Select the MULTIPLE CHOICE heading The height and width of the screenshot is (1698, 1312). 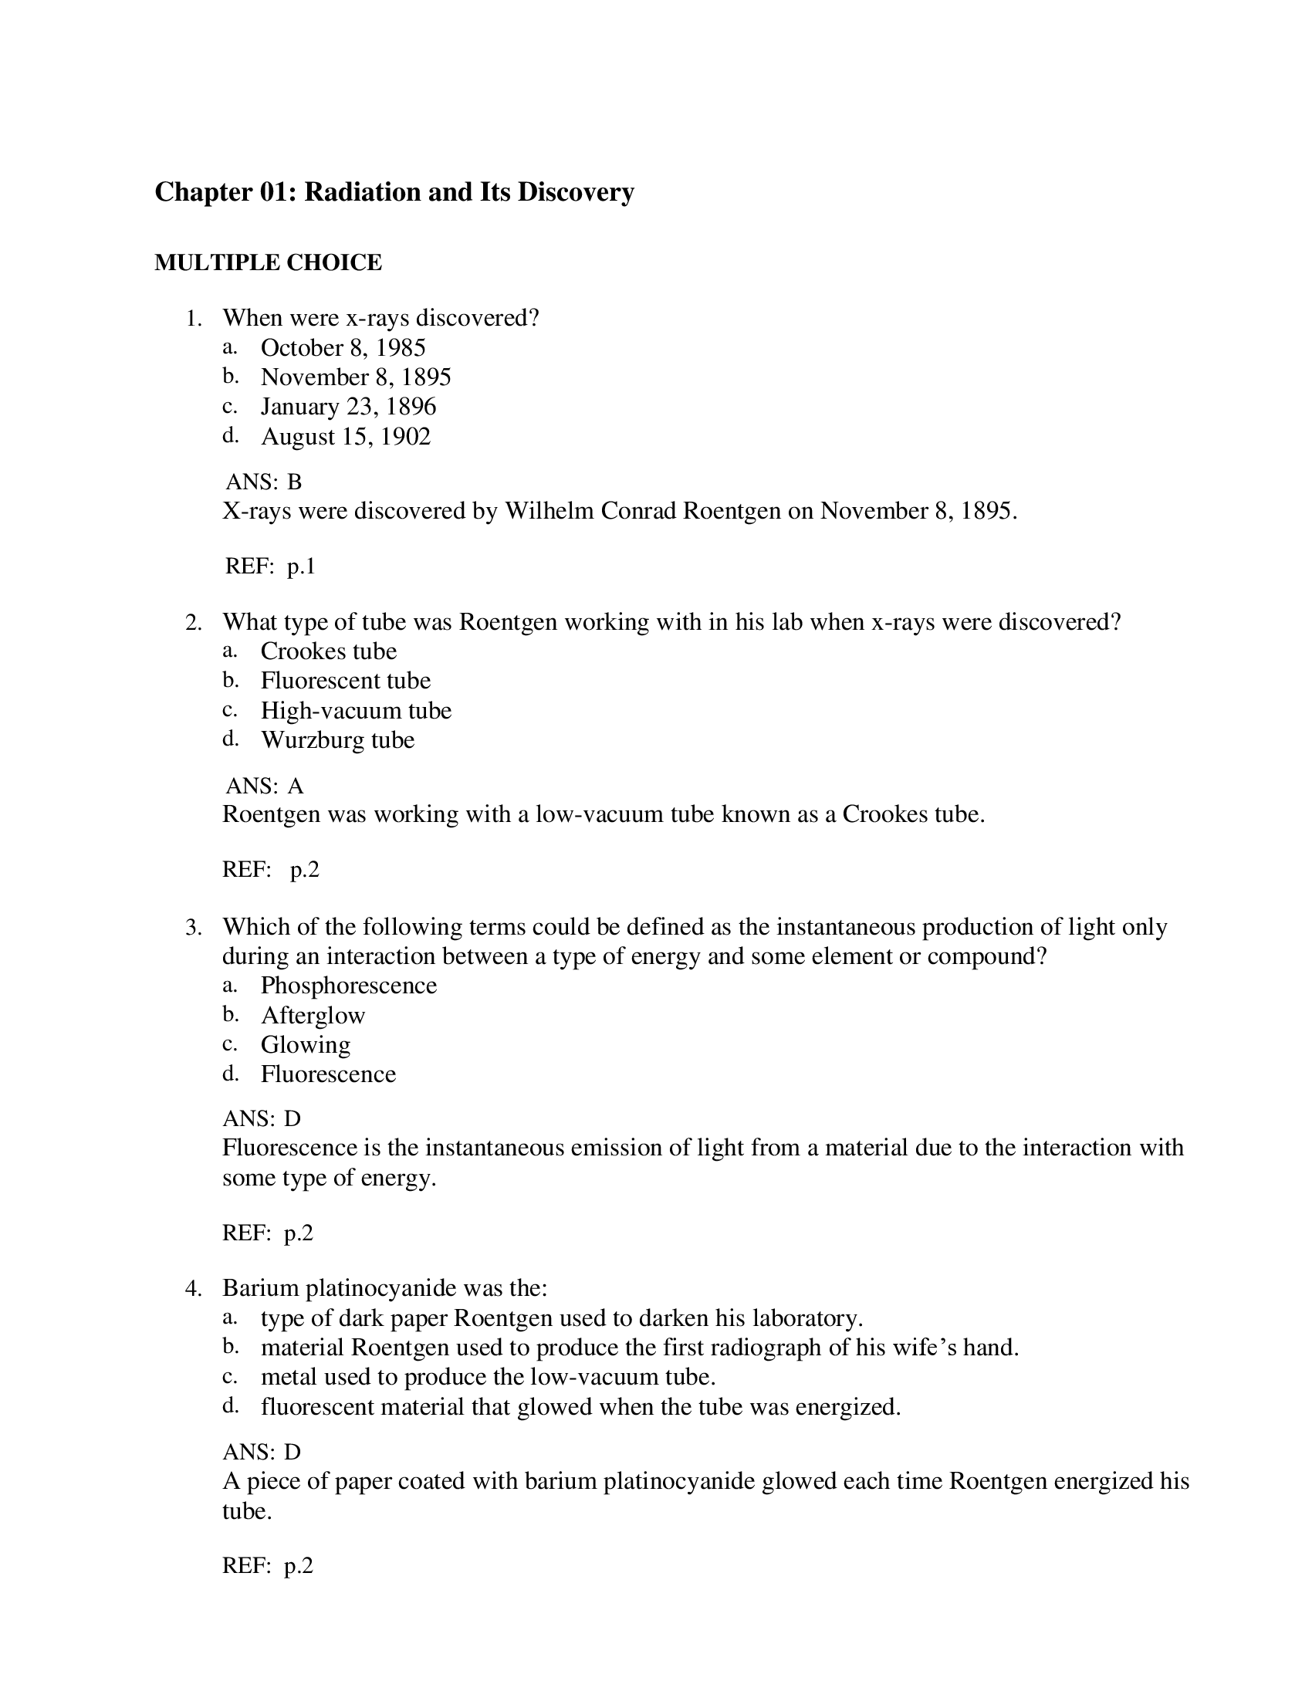(x=268, y=262)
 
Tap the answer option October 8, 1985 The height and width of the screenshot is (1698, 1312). (x=343, y=347)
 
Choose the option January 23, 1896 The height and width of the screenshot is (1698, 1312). (x=348, y=407)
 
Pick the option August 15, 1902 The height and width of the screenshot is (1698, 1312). (x=345, y=436)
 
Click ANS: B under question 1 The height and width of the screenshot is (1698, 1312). (x=263, y=482)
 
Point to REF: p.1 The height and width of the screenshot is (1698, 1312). (x=269, y=566)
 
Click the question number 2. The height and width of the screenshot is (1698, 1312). (x=194, y=623)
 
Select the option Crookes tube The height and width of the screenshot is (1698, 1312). (x=328, y=651)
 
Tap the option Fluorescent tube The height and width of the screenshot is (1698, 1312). (x=345, y=680)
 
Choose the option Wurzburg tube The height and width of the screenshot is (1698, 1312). (x=337, y=739)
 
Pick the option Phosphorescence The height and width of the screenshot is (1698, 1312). (x=348, y=986)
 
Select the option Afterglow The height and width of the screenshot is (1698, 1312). (x=313, y=1016)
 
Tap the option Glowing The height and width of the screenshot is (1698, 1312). (x=305, y=1044)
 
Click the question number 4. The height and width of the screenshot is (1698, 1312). (x=194, y=1289)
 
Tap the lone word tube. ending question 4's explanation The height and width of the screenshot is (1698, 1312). (x=246, y=1511)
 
